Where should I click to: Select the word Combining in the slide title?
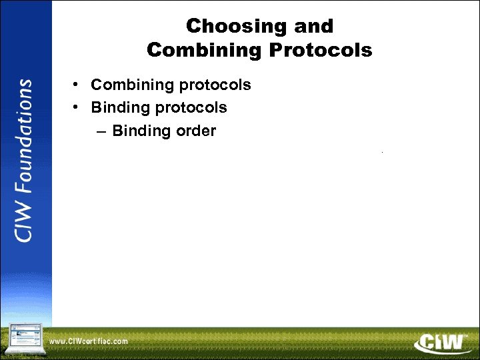[x=199, y=50]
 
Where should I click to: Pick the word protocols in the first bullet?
[x=219, y=85]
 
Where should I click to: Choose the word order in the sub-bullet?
[x=196, y=131]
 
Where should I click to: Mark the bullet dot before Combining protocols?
[x=77, y=85]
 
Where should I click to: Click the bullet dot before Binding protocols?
[x=77, y=107]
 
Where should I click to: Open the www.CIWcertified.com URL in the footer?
[x=88, y=341]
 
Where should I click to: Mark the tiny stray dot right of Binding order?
[x=382, y=153]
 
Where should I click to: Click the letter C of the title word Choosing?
[x=194, y=27]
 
